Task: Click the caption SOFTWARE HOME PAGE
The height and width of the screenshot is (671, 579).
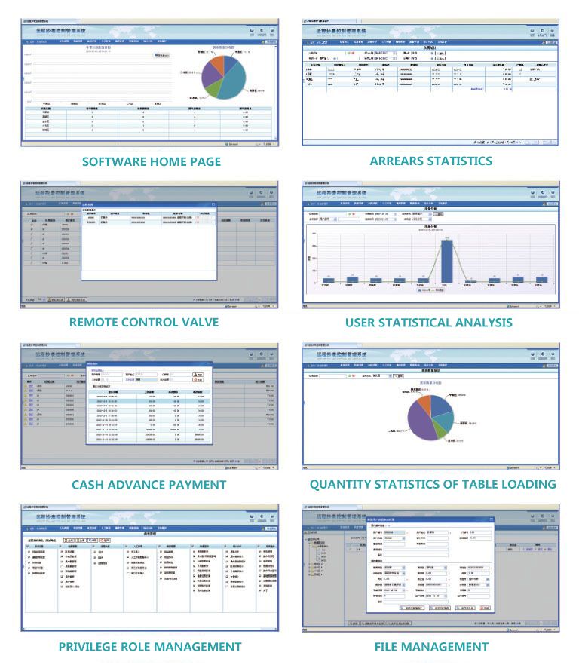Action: click(x=152, y=161)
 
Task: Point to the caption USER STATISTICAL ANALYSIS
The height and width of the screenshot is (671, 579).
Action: click(x=429, y=323)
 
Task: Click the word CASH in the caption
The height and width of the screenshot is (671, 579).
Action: click(x=91, y=485)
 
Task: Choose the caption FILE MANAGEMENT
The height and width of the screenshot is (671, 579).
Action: click(x=431, y=647)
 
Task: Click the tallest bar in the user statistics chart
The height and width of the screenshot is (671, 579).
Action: click(x=446, y=259)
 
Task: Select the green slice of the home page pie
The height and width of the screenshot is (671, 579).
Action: click(x=213, y=90)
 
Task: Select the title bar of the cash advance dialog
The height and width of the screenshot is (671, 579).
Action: click(x=148, y=363)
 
